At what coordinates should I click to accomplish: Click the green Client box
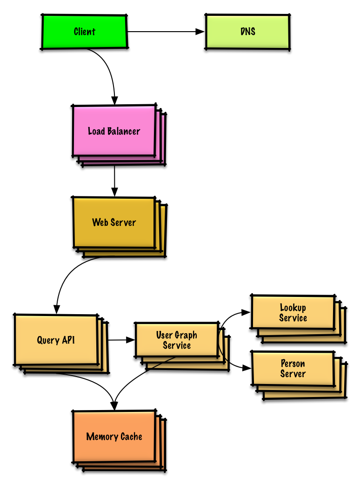click(x=84, y=32)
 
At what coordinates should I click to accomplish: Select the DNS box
click(x=247, y=32)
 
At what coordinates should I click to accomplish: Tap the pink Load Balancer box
click(x=114, y=131)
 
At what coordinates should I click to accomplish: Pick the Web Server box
click(x=114, y=222)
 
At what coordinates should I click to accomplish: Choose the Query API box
click(x=56, y=340)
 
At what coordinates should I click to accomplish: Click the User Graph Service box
click(x=176, y=340)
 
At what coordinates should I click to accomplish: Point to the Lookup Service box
click(x=293, y=313)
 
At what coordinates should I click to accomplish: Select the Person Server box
click(x=293, y=369)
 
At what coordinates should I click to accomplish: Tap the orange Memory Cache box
click(x=114, y=437)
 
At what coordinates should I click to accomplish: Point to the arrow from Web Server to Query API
click(x=70, y=275)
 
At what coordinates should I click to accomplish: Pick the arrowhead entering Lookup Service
click(x=247, y=313)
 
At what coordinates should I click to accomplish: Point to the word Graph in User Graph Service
click(x=186, y=335)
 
